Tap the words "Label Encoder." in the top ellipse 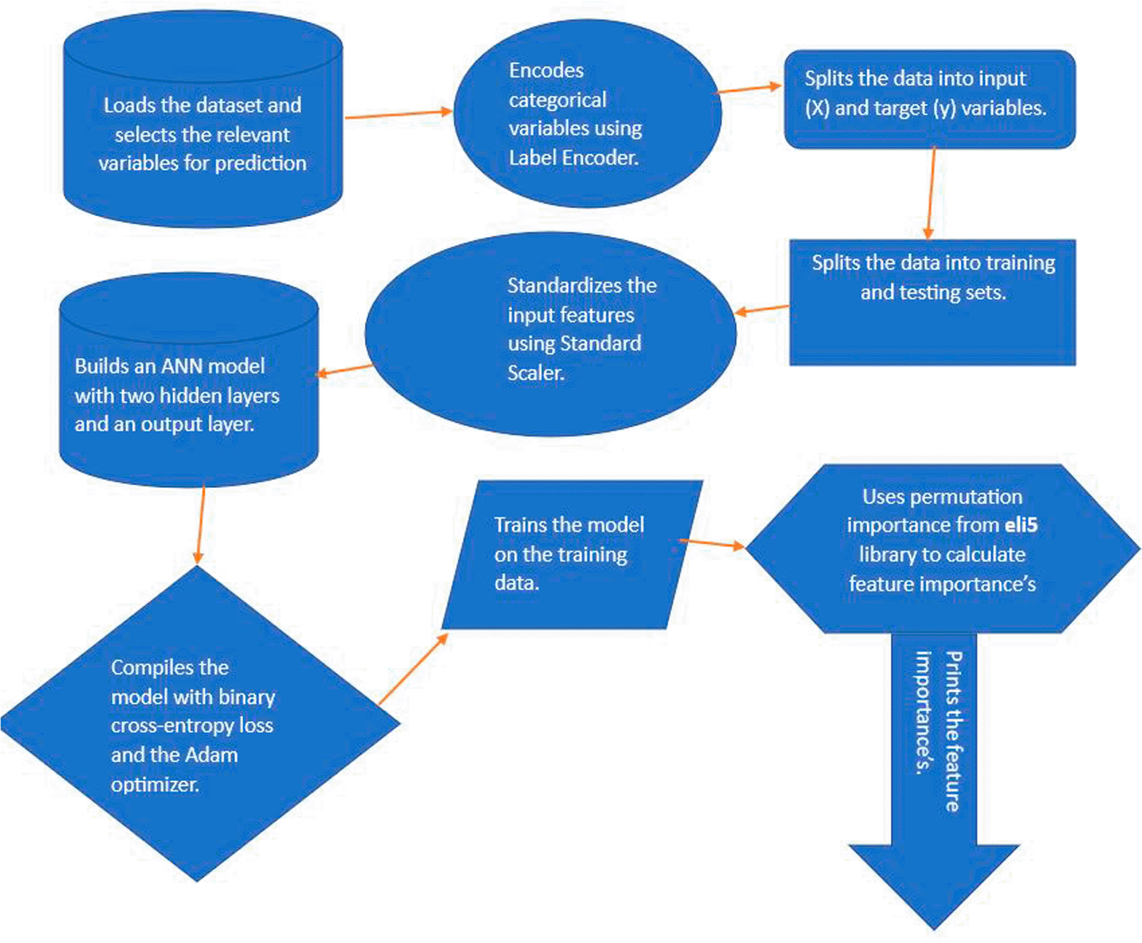[x=573, y=158]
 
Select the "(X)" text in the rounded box [x=817, y=108]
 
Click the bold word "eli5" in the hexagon [x=1021, y=525]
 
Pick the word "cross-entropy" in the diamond [x=172, y=725]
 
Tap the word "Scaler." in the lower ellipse [x=536, y=372]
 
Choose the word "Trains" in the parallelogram [x=517, y=525]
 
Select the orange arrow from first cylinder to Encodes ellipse [x=398, y=115]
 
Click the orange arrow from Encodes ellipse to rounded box [x=749, y=89]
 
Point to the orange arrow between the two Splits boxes [x=931, y=193]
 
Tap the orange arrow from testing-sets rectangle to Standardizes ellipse [x=762, y=309]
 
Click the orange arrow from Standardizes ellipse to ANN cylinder [x=344, y=370]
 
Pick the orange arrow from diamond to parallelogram [x=412, y=669]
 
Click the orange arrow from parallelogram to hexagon [x=711, y=543]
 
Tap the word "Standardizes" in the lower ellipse [x=582, y=285]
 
